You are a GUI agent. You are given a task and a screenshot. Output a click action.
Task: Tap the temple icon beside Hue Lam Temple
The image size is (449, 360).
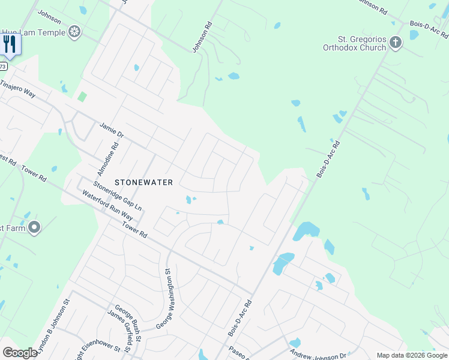pyautogui.click(x=75, y=32)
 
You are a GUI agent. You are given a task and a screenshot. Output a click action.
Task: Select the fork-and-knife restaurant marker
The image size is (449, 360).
pyautogui.click(x=10, y=44)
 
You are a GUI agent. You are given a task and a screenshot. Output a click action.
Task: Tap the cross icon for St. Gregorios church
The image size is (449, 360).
pyautogui.click(x=395, y=42)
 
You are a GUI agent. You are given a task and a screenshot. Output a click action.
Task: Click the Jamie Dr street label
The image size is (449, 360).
pyautogui.click(x=111, y=131)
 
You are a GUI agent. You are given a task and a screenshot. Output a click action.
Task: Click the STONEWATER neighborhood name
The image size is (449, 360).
pyautogui.click(x=144, y=182)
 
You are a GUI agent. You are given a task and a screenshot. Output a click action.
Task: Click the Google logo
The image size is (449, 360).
pyautogui.click(x=20, y=353)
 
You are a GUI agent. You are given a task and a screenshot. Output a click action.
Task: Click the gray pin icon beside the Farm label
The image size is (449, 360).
pyautogui.click(x=34, y=227)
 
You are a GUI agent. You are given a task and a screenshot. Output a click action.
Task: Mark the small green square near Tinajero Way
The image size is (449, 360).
pyautogui.click(x=82, y=97)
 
